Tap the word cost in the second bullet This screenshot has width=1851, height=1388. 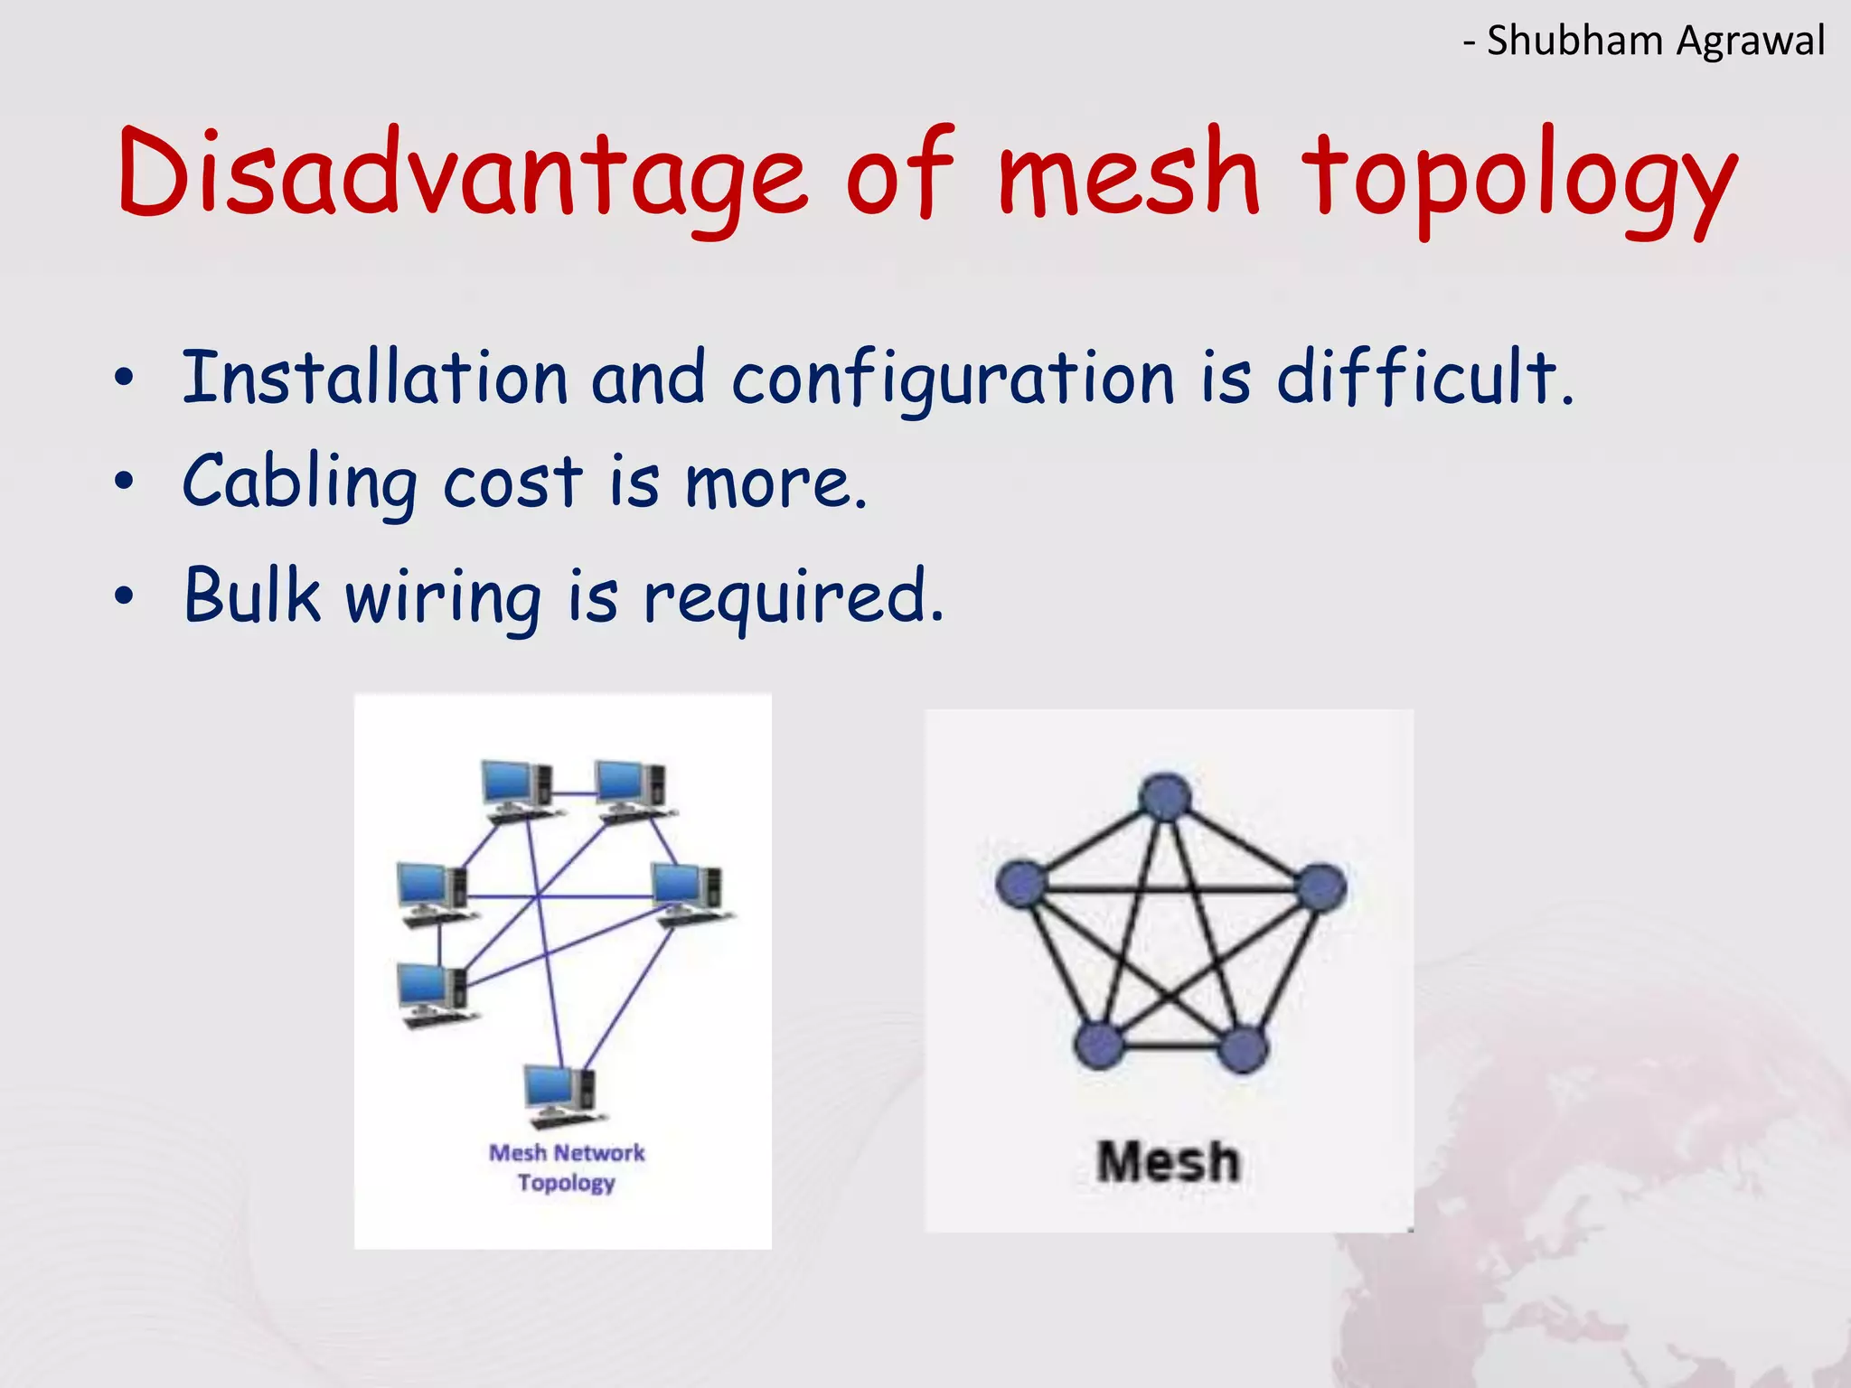point(512,483)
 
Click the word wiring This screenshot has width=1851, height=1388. point(444,598)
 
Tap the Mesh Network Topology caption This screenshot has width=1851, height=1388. point(567,1168)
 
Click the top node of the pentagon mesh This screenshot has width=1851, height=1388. point(1165,797)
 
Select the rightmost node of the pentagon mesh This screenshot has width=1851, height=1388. point(1321,886)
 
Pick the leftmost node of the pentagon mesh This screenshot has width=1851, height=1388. point(1020,883)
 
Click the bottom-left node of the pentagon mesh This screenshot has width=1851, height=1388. point(1100,1046)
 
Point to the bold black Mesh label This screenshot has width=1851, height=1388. point(1168,1162)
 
